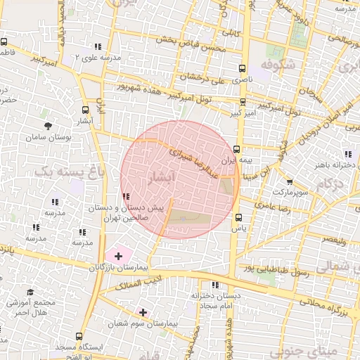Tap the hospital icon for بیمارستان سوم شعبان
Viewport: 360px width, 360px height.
(143, 311)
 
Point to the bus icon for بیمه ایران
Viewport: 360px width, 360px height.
(237, 149)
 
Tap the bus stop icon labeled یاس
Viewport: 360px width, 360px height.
(238, 217)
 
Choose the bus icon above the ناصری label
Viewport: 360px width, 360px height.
(243, 69)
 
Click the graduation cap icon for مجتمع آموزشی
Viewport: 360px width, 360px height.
(30, 292)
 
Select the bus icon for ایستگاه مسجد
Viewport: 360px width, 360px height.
(79, 337)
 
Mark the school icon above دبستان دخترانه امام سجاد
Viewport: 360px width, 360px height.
(215, 285)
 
